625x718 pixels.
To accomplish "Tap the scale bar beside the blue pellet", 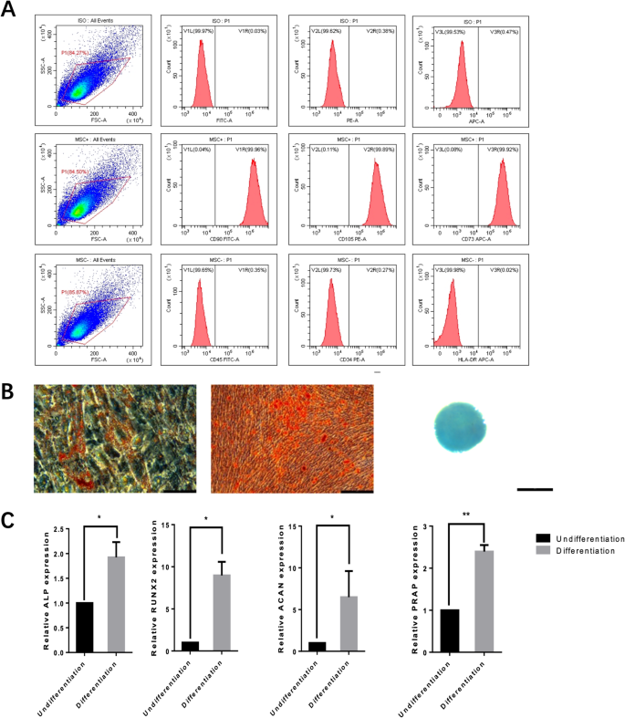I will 535,489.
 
